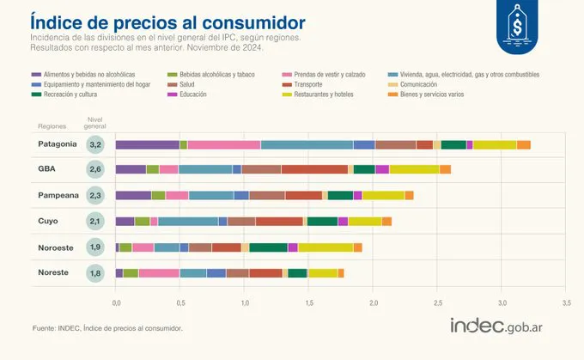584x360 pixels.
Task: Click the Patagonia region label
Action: pyautogui.click(x=58, y=144)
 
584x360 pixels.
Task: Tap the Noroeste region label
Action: pyautogui.click(x=58, y=247)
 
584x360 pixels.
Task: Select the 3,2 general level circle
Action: pyautogui.click(x=96, y=144)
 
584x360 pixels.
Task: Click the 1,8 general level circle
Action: pyautogui.click(x=96, y=273)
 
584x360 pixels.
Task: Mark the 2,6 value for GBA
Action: pyautogui.click(x=96, y=170)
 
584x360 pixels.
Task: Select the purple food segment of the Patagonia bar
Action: pyautogui.click(x=147, y=144)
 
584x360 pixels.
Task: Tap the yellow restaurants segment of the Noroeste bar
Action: pyautogui.click(x=325, y=247)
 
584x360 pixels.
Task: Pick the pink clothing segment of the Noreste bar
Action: pyautogui.click(x=159, y=273)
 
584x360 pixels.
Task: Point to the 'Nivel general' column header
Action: pyautogui.click(x=96, y=121)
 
